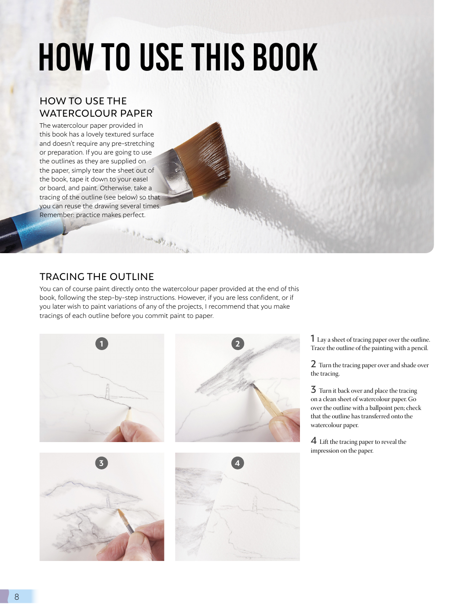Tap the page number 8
[17, 597]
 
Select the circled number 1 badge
[102, 343]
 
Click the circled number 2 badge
[237, 343]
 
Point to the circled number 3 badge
[102, 463]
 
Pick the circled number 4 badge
[237, 463]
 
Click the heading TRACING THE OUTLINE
[96, 277]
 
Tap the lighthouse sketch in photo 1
[107, 391]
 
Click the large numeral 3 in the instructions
[313, 390]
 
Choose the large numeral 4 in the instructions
[314, 441]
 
